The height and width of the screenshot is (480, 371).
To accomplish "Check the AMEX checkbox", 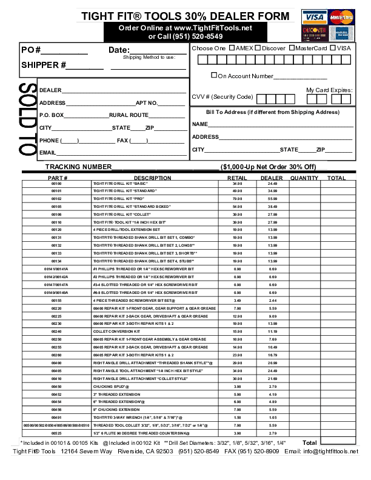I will [231, 48].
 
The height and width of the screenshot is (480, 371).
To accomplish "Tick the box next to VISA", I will [333, 48].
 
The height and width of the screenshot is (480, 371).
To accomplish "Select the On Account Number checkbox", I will [214, 76].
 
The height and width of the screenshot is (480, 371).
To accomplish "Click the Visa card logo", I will [313, 17].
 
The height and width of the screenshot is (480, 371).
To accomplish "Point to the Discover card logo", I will [313, 32].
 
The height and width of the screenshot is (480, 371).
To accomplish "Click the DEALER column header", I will [272, 178].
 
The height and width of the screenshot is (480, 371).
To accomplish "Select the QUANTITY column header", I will [304, 178].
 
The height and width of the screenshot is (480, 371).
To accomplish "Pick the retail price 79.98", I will [237, 198].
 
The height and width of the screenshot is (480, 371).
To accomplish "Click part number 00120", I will [56, 230].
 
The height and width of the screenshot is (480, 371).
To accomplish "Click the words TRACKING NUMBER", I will [78, 167].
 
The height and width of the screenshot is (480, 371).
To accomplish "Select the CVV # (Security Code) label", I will [222, 97].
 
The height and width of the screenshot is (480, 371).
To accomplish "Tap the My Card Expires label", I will [329, 90].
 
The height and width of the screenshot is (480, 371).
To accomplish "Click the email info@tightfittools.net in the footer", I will [331, 452].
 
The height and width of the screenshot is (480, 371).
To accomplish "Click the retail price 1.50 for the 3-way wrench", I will [237, 418].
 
